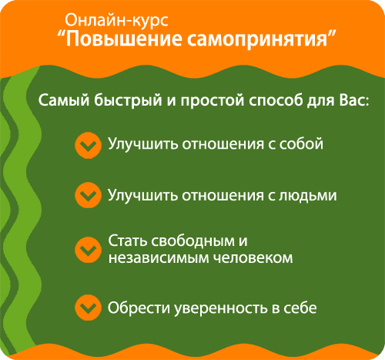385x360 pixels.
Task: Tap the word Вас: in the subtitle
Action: coord(351,101)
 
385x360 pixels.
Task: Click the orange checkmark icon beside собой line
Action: coord(87,144)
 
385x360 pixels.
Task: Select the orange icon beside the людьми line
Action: coord(87,195)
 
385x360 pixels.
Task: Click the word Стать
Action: coord(126,241)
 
